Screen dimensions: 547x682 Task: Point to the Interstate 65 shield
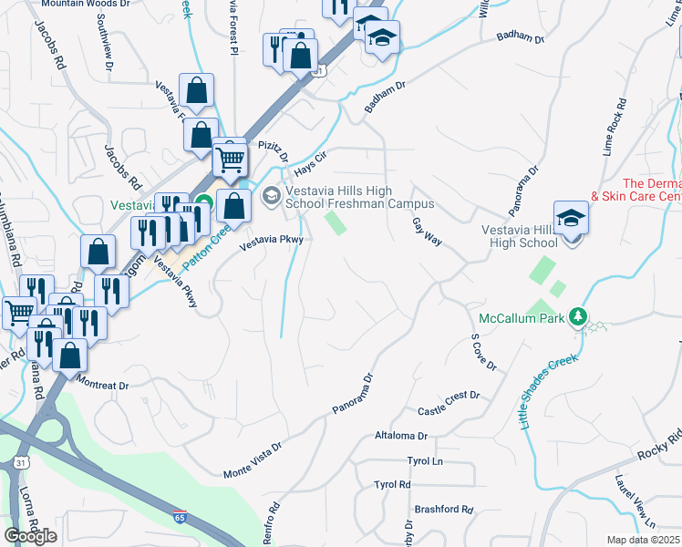180,517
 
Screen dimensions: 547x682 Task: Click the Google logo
30,536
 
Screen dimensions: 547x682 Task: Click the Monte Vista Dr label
253,461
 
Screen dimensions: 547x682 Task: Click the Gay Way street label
427,232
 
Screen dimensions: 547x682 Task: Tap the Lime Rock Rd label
614,127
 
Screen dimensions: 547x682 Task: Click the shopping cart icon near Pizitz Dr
230,160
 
